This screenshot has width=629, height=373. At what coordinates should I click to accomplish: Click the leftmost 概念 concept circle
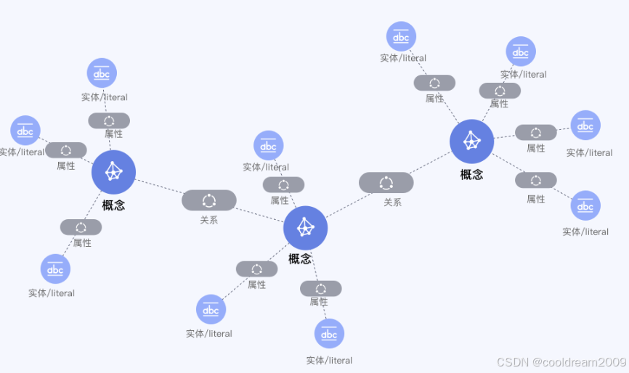click(113, 172)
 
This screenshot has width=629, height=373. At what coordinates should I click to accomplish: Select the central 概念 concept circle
click(305, 227)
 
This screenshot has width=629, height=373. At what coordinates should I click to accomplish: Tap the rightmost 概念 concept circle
click(471, 141)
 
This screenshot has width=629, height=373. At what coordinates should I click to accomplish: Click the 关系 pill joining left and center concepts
click(209, 200)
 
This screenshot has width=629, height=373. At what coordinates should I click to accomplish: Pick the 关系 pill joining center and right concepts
click(386, 183)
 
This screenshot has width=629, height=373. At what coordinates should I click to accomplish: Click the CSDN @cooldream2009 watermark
click(561, 361)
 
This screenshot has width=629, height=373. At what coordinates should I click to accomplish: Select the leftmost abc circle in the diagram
click(25, 131)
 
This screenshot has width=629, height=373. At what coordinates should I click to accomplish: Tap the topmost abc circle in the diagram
click(401, 36)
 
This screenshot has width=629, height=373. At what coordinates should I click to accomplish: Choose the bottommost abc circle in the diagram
click(329, 334)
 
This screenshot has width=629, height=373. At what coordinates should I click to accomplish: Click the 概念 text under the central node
click(300, 258)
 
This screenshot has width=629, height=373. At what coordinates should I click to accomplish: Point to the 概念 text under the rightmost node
click(471, 174)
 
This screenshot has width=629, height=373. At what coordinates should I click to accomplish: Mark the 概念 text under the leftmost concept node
click(113, 205)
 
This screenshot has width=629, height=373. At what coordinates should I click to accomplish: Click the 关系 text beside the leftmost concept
click(209, 219)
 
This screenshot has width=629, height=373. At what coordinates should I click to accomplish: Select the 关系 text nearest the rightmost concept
click(392, 202)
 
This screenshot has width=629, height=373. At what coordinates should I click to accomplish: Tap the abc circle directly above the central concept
click(268, 146)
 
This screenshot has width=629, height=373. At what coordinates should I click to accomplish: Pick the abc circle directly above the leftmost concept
click(102, 73)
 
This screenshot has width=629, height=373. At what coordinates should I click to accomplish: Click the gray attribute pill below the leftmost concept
click(81, 227)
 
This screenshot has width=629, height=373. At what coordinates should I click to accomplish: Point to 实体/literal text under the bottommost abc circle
click(329, 360)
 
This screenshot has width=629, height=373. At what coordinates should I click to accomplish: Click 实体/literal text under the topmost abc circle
click(403, 58)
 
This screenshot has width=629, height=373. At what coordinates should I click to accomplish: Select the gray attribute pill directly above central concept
click(283, 185)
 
